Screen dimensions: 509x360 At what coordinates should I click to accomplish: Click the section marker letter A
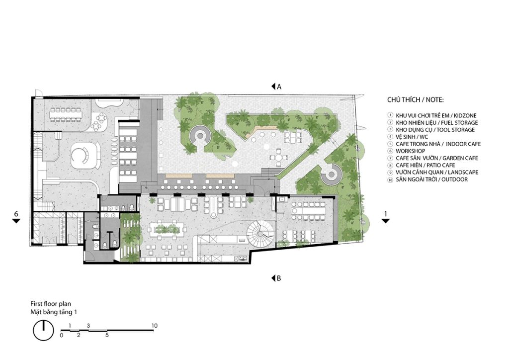(x=279, y=87)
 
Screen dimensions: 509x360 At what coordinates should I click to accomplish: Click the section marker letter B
(x=279, y=278)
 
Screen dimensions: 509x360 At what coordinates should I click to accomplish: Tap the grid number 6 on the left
(x=16, y=214)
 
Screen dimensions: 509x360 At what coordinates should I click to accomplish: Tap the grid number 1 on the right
(x=385, y=214)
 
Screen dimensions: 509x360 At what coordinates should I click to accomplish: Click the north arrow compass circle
(x=43, y=331)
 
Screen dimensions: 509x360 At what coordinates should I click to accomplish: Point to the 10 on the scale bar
(x=154, y=326)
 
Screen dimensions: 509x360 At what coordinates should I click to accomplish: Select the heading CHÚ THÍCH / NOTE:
(x=415, y=99)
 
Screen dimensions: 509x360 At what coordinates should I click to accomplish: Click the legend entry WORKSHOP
(x=410, y=151)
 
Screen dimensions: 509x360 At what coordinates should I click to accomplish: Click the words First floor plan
(x=51, y=304)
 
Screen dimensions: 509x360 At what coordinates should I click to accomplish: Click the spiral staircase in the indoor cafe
(x=260, y=233)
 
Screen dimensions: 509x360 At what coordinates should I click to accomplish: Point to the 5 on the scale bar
(x=107, y=335)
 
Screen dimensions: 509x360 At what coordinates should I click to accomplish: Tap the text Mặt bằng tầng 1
(x=54, y=312)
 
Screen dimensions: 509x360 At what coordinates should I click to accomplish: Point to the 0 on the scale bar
(x=62, y=335)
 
